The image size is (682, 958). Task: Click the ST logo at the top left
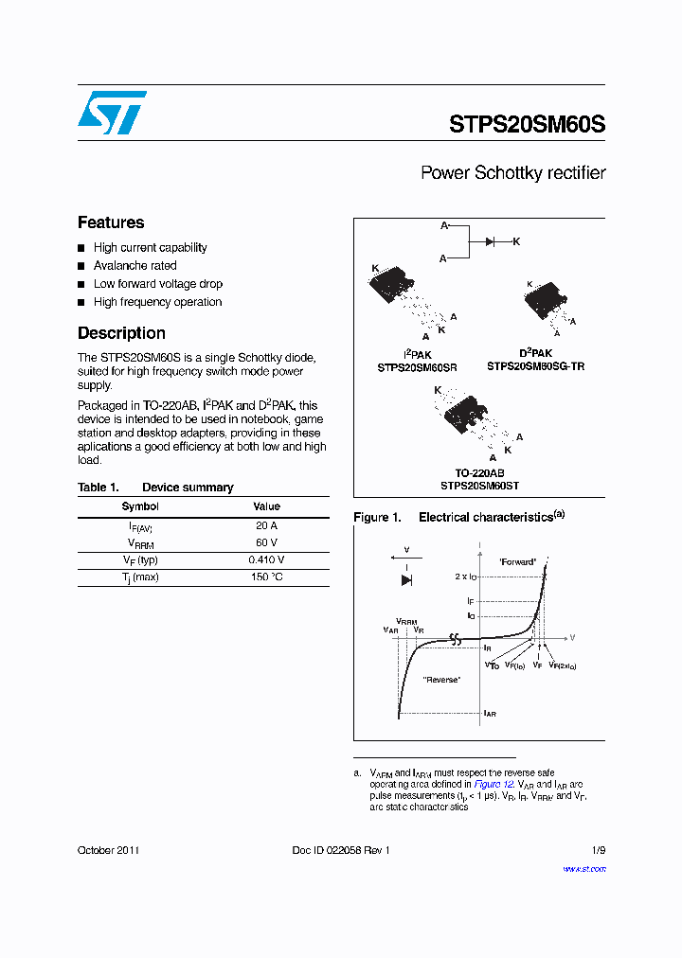point(112,113)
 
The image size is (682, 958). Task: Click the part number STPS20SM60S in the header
point(527,124)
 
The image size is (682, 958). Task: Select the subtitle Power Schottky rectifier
point(512,173)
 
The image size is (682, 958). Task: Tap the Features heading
point(111,222)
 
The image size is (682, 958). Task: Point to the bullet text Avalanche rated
point(135,266)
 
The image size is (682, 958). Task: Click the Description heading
point(121,333)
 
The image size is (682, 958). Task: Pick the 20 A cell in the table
point(266,525)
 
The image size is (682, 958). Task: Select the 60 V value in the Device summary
point(266,542)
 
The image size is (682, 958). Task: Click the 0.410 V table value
point(266,559)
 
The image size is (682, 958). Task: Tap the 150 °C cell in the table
point(266,577)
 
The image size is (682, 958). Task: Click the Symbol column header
point(140,506)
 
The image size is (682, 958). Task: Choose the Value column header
point(266,506)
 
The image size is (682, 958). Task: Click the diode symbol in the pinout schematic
point(491,242)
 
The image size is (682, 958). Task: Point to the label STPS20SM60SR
point(417,366)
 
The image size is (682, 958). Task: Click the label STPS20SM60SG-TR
point(535,366)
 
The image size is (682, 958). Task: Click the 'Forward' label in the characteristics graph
point(517,561)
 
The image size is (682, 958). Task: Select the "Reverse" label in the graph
point(441,680)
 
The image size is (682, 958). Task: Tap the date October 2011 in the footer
point(108,850)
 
